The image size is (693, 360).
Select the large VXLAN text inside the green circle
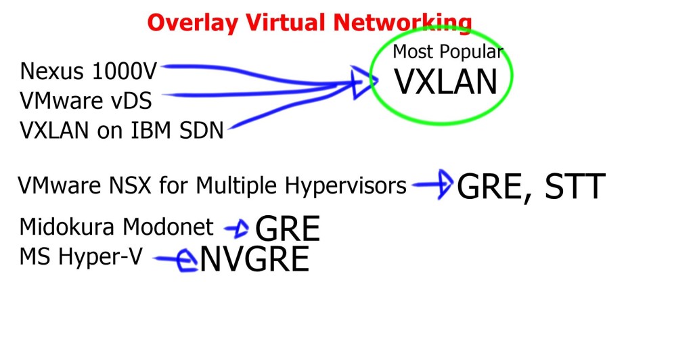[446, 82]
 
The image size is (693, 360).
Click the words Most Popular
[448, 51]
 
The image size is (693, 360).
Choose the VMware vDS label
[85, 101]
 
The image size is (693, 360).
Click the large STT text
[568, 187]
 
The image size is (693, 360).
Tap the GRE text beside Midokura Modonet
[288, 230]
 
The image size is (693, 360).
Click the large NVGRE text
[254, 260]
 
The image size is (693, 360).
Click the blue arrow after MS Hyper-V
[178, 259]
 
